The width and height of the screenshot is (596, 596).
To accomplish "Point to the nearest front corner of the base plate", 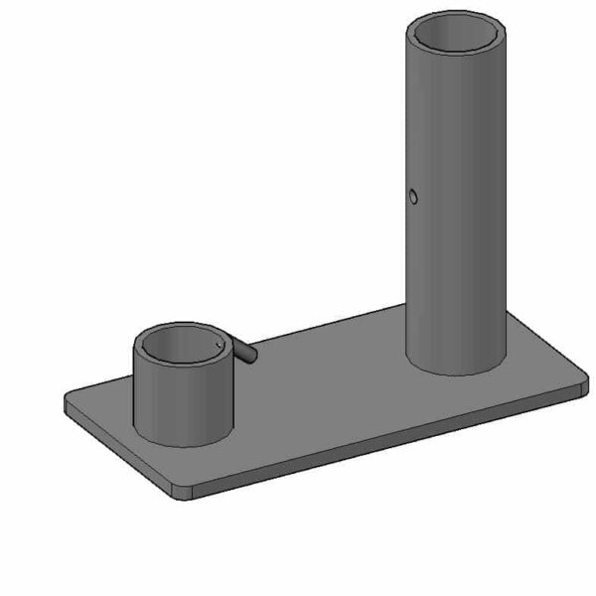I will tap(182, 492).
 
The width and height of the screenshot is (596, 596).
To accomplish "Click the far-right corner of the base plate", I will tap(583, 382).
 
